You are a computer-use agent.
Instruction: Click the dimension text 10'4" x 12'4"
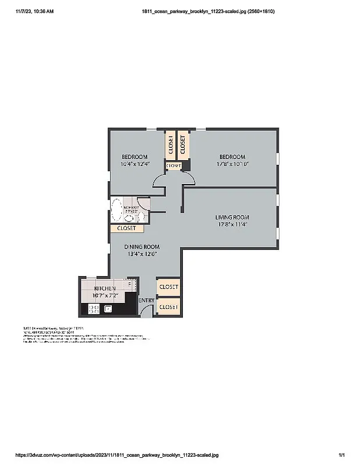(x=135, y=164)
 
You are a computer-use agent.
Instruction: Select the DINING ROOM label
(x=143, y=246)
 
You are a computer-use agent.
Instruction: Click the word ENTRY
(x=146, y=300)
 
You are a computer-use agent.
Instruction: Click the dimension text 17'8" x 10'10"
(x=232, y=164)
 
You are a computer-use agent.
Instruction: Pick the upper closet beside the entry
(x=169, y=287)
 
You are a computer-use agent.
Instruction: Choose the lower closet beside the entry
(x=169, y=306)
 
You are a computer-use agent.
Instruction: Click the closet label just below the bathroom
(x=126, y=228)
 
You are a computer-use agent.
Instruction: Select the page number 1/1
(x=342, y=455)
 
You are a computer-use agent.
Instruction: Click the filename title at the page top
(x=209, y=11)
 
